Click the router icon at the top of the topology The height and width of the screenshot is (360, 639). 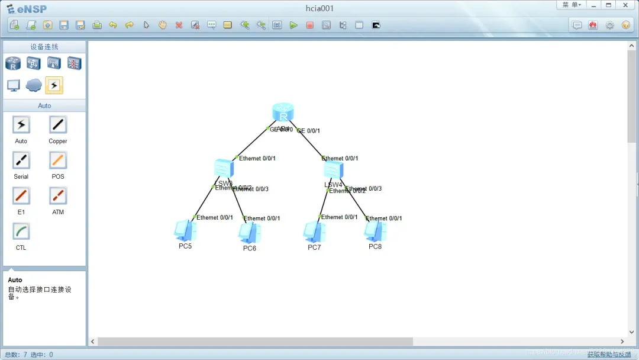pyautogui.click(x=283, y=112)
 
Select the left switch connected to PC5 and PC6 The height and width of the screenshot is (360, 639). pyautogui.click(x=224, y=168)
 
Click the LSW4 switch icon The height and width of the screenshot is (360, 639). pyautogui.click(x=333, y=170)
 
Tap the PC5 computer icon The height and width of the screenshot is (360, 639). pyautogui.click(x=185, y=230)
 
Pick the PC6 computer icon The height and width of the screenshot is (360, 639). pyautogui.click(x=249, y=232)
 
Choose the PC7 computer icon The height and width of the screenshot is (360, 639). pyautogui.click(x=314, y=232)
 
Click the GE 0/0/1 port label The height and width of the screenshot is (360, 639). pyautogui.click(x=309, y=131)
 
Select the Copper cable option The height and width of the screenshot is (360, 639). pyautogui.click(x=58, y=125)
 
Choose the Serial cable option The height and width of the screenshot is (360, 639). pyautogui.click(x=21, y=160)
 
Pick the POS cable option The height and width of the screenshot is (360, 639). pyautogui.click(x=58, y=160)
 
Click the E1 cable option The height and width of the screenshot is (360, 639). pyautogui.click(x=21, y=196)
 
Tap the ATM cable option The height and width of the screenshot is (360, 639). pyautogui.click(x=58, y=196)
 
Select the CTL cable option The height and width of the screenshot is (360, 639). pyautogui.click(x=21, y=232)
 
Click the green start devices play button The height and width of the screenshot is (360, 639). pyautogui.click(x=293, y=25)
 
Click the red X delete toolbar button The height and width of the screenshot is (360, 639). pyautogui.click(x=179, y=25)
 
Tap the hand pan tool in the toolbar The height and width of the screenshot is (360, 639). pyautogui.click(x=162, y=25)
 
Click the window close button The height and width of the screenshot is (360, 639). pyautogui.click(x=625, y=5)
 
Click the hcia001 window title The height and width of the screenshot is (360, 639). pyautogui.click(x=319, y=8)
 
